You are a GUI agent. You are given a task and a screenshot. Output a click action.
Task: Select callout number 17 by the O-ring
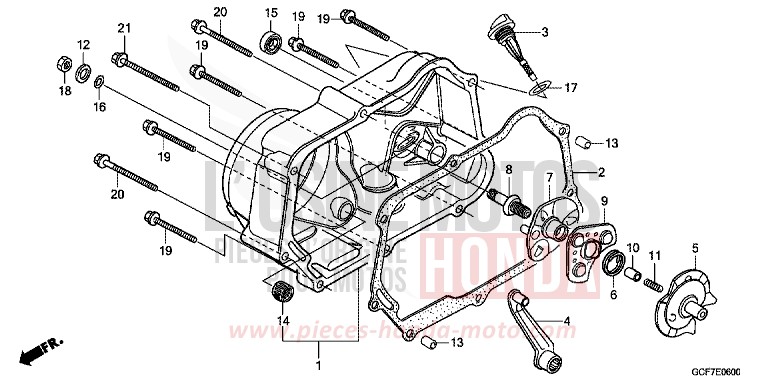point(571,89)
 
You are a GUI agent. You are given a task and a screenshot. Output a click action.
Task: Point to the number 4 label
point(567,321)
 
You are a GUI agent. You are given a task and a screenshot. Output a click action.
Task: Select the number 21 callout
point(124,27)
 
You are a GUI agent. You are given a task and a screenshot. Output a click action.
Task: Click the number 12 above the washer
point(84,45)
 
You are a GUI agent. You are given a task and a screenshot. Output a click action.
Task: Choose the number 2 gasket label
point(603,171)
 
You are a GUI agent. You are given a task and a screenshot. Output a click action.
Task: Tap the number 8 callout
point(508,169)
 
